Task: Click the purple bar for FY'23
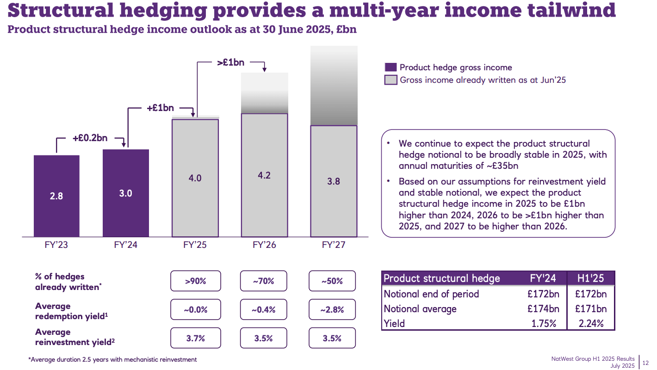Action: [56, 196]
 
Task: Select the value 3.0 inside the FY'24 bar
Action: [125, 193]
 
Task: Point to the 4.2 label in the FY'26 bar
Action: [264, 175]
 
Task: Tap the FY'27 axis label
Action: [333, 245]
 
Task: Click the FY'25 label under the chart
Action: [195, 245]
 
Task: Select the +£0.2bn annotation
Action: [90, 138]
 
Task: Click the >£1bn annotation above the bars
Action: [230, 62]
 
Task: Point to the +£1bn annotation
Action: [160, 108]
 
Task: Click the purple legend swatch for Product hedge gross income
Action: [390, 68]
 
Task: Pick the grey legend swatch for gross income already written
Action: [390, 80]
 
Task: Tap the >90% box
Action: [195, 281]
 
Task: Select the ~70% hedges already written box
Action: [264, 281]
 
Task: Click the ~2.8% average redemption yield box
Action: [332, 309]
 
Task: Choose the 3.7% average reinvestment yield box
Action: [195, 338]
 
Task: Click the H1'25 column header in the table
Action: [590, 278]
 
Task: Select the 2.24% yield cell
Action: [590, 323]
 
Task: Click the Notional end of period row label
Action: [431, 294]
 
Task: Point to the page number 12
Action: [645, 362]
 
